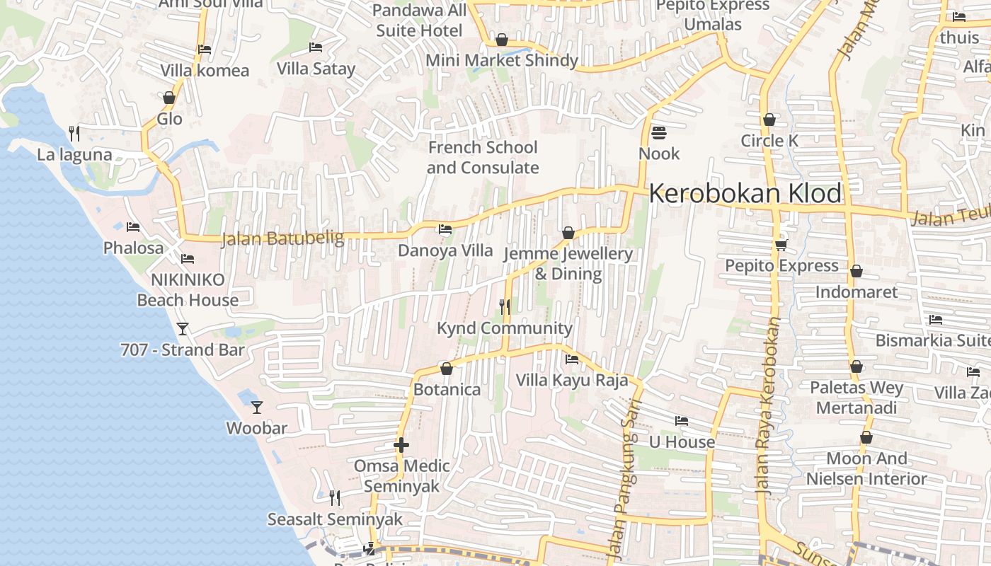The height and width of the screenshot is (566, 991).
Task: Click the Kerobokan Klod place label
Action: (x=745, y=193)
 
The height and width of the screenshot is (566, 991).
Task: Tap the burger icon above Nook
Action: (x=659, y=132)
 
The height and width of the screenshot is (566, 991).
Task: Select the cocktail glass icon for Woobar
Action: (x=257, y=408)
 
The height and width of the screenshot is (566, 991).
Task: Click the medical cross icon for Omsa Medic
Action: (x=401, y=445)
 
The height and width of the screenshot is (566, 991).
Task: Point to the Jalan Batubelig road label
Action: (x=282, y=238)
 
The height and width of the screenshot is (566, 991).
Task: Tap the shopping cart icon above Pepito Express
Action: (x=781, y=245)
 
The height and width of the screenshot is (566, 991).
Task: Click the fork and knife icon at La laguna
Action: (x=74, y=133)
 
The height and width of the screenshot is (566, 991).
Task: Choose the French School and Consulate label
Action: (x=483, y=158)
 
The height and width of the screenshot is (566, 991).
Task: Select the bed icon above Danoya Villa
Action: (x=445, y=229)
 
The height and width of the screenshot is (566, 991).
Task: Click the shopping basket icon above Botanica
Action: (x=447, y=369)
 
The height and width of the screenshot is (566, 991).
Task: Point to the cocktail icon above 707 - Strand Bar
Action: (x=183, y=329)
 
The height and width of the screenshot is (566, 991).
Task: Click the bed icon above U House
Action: (x=682, y=421)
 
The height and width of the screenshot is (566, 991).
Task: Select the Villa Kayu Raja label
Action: (x=572, y=380)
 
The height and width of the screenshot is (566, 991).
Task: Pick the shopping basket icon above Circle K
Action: (x=769, y=120)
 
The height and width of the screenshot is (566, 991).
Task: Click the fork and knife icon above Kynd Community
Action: (x=505, y=306)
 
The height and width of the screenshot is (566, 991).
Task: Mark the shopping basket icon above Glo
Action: (x=169, y=98)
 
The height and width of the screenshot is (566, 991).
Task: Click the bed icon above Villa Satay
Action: (x=316, y=47)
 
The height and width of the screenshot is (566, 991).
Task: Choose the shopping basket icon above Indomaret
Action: (x=857, y=271)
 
